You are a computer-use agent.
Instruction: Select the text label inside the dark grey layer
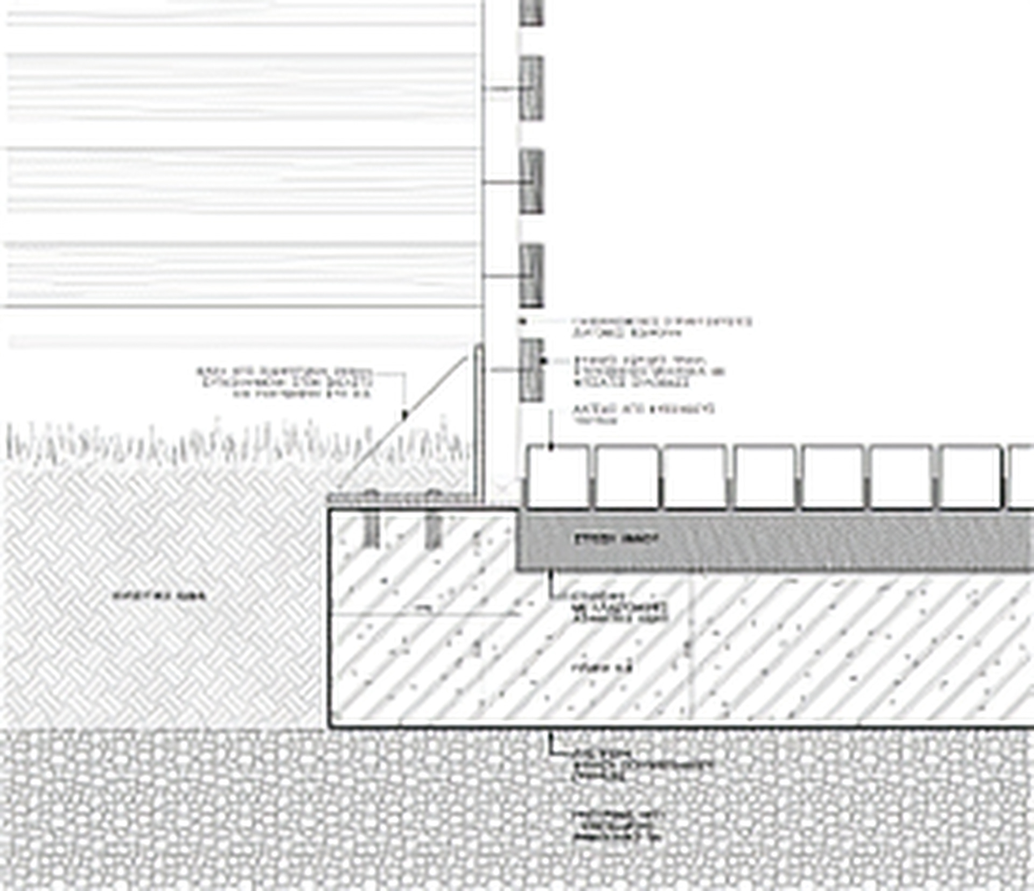[x=617, y=539]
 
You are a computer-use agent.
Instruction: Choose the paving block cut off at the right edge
[x=1022, y=476]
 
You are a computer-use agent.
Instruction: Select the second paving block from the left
[x=626, y=476]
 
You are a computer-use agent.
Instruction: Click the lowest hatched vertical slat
[x=532, y=369]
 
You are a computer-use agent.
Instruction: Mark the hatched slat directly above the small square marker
[x=532, y=276]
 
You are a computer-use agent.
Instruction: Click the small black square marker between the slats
[x=521, y=321]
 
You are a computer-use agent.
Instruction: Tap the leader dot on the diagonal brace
[x=406, y=415]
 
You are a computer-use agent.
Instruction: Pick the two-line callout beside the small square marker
[x=661, y=327]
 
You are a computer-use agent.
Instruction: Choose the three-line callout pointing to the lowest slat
[x=649, y=371]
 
